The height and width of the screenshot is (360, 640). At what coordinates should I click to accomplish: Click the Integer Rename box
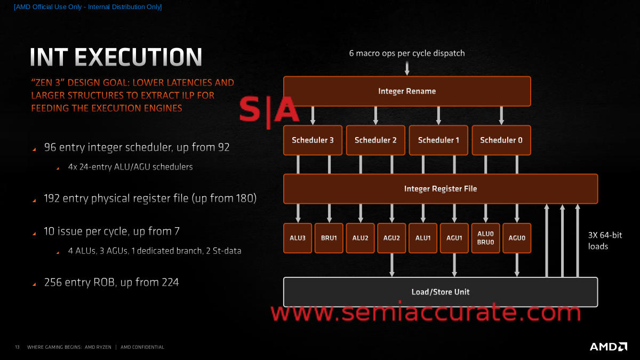(x=407, y=91)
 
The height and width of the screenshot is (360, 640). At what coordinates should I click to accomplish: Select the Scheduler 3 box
(x=313, y=140)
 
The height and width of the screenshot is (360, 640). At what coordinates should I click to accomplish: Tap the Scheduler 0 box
(x=501, y=140)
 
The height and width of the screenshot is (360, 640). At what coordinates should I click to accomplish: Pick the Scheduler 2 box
(x=375, y=140)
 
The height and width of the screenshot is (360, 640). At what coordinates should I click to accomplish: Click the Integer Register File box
(x=440, y=189)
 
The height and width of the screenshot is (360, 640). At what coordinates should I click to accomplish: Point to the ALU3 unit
(x=297, y=238)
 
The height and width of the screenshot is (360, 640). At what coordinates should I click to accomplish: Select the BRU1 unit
(x=329, y=238)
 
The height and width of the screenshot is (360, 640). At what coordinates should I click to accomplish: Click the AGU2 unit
(x=391, y=238)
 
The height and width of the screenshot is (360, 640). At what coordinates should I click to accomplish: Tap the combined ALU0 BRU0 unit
(x=485, y=238)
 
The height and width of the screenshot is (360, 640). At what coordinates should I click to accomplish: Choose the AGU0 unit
(x=517, y=238)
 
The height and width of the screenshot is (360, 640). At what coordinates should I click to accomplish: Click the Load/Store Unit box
(x=440, y=292)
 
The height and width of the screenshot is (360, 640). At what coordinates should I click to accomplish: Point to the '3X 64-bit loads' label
(x=605, y=241)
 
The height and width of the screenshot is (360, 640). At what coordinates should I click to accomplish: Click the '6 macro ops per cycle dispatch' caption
(x=407, y=53)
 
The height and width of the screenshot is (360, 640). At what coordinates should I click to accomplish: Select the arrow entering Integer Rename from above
(x=407, y=68)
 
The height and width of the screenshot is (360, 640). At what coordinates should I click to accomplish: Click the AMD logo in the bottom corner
(x=608, y=347)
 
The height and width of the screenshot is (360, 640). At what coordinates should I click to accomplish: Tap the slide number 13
(x=17, y=347)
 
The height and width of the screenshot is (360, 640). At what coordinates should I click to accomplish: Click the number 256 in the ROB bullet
(x=53, y=282)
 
